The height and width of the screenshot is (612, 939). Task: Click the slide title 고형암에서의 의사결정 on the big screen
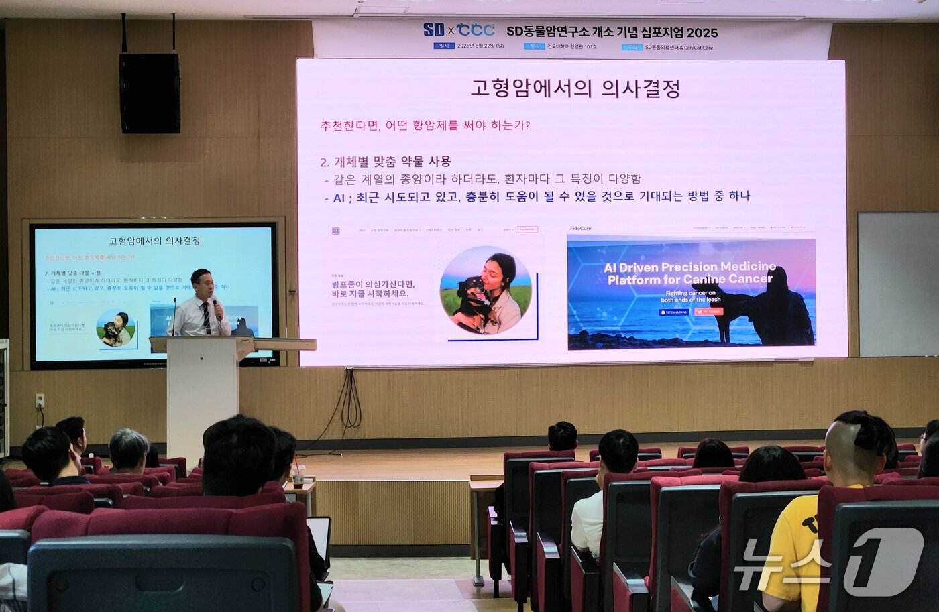(x=575, y=88)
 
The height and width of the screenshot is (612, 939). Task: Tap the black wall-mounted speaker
(x=150, y=93)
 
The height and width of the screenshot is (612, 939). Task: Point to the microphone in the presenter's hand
(x=216, y=308)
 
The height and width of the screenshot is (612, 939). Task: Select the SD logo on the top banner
(x=434, y=30)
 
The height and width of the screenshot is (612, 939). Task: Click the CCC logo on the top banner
(x=476, y=30)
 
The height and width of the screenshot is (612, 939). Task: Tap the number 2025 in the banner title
(x=702, y=32)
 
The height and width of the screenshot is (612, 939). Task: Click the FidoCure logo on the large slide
(x=580, y=229)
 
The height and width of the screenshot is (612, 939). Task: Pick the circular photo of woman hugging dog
(x=486, y=290)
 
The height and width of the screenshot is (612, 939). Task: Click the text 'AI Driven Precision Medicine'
(x=689, y=267)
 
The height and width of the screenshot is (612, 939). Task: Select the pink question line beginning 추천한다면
(x=425, y=125)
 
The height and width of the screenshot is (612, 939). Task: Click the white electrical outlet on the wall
(x=40, y=401)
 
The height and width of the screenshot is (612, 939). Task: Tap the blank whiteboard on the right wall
(x=897, y=284)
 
